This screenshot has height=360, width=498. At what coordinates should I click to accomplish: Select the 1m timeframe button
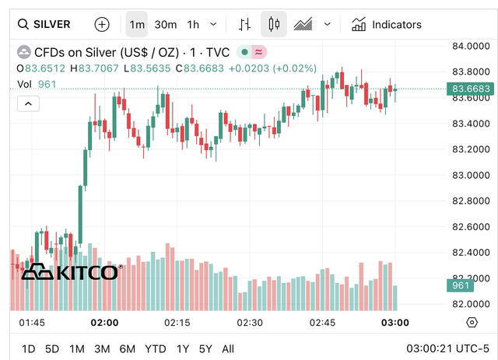point(137,24)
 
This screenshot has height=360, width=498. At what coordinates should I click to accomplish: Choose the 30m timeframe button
point(165,24)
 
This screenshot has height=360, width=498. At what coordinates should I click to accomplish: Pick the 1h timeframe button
point(193,24)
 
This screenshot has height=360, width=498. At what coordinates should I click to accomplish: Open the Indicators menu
point(387,24)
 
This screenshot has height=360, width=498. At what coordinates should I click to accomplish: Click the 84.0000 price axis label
point(472,47)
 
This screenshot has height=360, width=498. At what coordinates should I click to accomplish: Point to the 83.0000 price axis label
point(472,175)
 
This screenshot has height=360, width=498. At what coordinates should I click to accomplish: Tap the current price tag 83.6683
point(472,89)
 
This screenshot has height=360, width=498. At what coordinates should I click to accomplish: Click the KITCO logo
point(70,272)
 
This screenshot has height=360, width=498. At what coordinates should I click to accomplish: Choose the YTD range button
point(156,349)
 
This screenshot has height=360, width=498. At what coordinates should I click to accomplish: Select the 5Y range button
point(205,349)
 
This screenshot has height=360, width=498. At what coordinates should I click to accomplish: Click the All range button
point(228,349)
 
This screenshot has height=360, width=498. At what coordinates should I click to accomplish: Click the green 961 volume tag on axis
point(461,286)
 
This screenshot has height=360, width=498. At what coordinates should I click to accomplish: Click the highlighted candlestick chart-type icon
point(273,24)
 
